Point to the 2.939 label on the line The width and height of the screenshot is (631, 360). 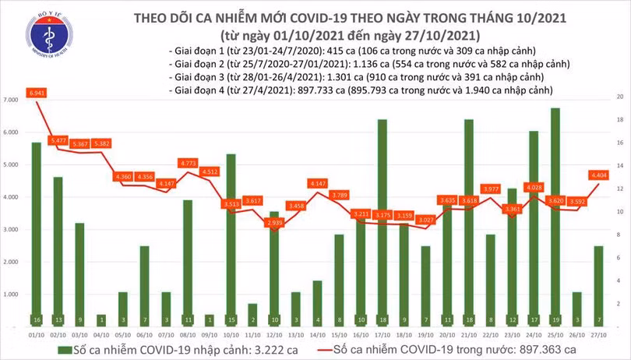click(x=273, y=223)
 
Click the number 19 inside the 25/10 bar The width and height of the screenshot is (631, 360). click(x=555, y=319)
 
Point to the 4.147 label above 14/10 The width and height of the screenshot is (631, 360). click(x=317, y=182)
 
